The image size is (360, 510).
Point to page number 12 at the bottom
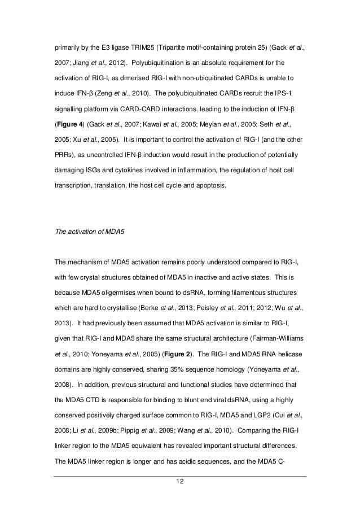(x=179, y=481)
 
